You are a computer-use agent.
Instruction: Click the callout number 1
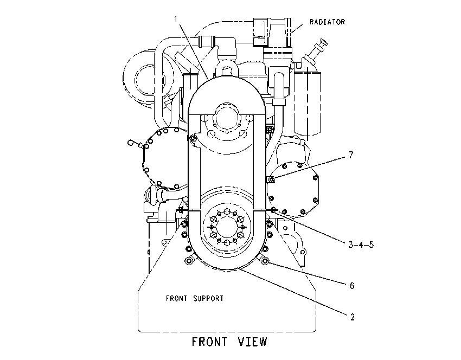click(176, 19)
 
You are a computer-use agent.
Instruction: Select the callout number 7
click(351, 155)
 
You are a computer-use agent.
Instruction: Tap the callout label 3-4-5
click(361, 245)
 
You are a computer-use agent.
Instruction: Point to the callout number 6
click(352, 286)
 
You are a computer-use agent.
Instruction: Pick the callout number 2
click(352, 317)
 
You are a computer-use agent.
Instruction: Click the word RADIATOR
click(327, 22)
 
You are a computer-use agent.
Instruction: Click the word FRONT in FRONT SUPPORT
click(176, 298)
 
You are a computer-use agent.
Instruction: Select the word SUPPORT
click(208, 298)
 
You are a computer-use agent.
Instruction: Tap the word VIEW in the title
click(252, 342)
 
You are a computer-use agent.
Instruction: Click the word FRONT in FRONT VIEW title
click(210, 342)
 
